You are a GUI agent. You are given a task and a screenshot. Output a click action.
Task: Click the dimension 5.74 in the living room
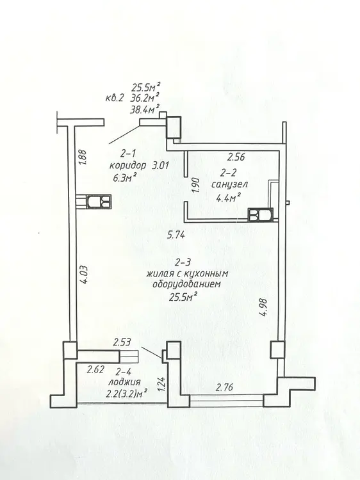(x=176, y=235)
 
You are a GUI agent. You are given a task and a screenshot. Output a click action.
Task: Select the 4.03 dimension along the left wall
(x=85, y=275)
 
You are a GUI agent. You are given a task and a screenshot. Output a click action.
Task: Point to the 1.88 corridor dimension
(x=83, y=157)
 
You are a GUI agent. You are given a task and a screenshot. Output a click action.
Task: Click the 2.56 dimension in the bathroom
(x=236, y=157)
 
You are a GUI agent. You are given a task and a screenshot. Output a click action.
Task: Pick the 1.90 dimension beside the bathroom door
(x=197, y=186)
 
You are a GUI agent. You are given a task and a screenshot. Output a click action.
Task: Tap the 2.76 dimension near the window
(x=225, y=388)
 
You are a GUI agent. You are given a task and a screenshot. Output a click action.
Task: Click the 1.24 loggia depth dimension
(x=163, y=384)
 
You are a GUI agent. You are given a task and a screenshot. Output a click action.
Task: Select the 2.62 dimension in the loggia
(x=95, y=369)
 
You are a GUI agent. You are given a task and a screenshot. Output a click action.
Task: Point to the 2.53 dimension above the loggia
(x=122, y=342)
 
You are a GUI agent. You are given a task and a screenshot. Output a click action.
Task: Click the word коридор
(x=127, y=166)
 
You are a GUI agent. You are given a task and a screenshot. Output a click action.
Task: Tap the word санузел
(x=230, y=184)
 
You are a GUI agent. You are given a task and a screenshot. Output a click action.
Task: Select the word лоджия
(x=124, y=381)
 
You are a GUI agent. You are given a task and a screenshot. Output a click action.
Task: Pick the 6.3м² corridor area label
(x=125, y=177)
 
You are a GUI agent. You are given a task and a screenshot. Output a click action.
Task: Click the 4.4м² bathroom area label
(x=228, y=197)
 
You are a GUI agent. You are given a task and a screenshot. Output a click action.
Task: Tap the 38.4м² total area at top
(x=145, y=109)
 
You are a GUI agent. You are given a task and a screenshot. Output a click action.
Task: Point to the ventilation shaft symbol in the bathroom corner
(x=261, y=214)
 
